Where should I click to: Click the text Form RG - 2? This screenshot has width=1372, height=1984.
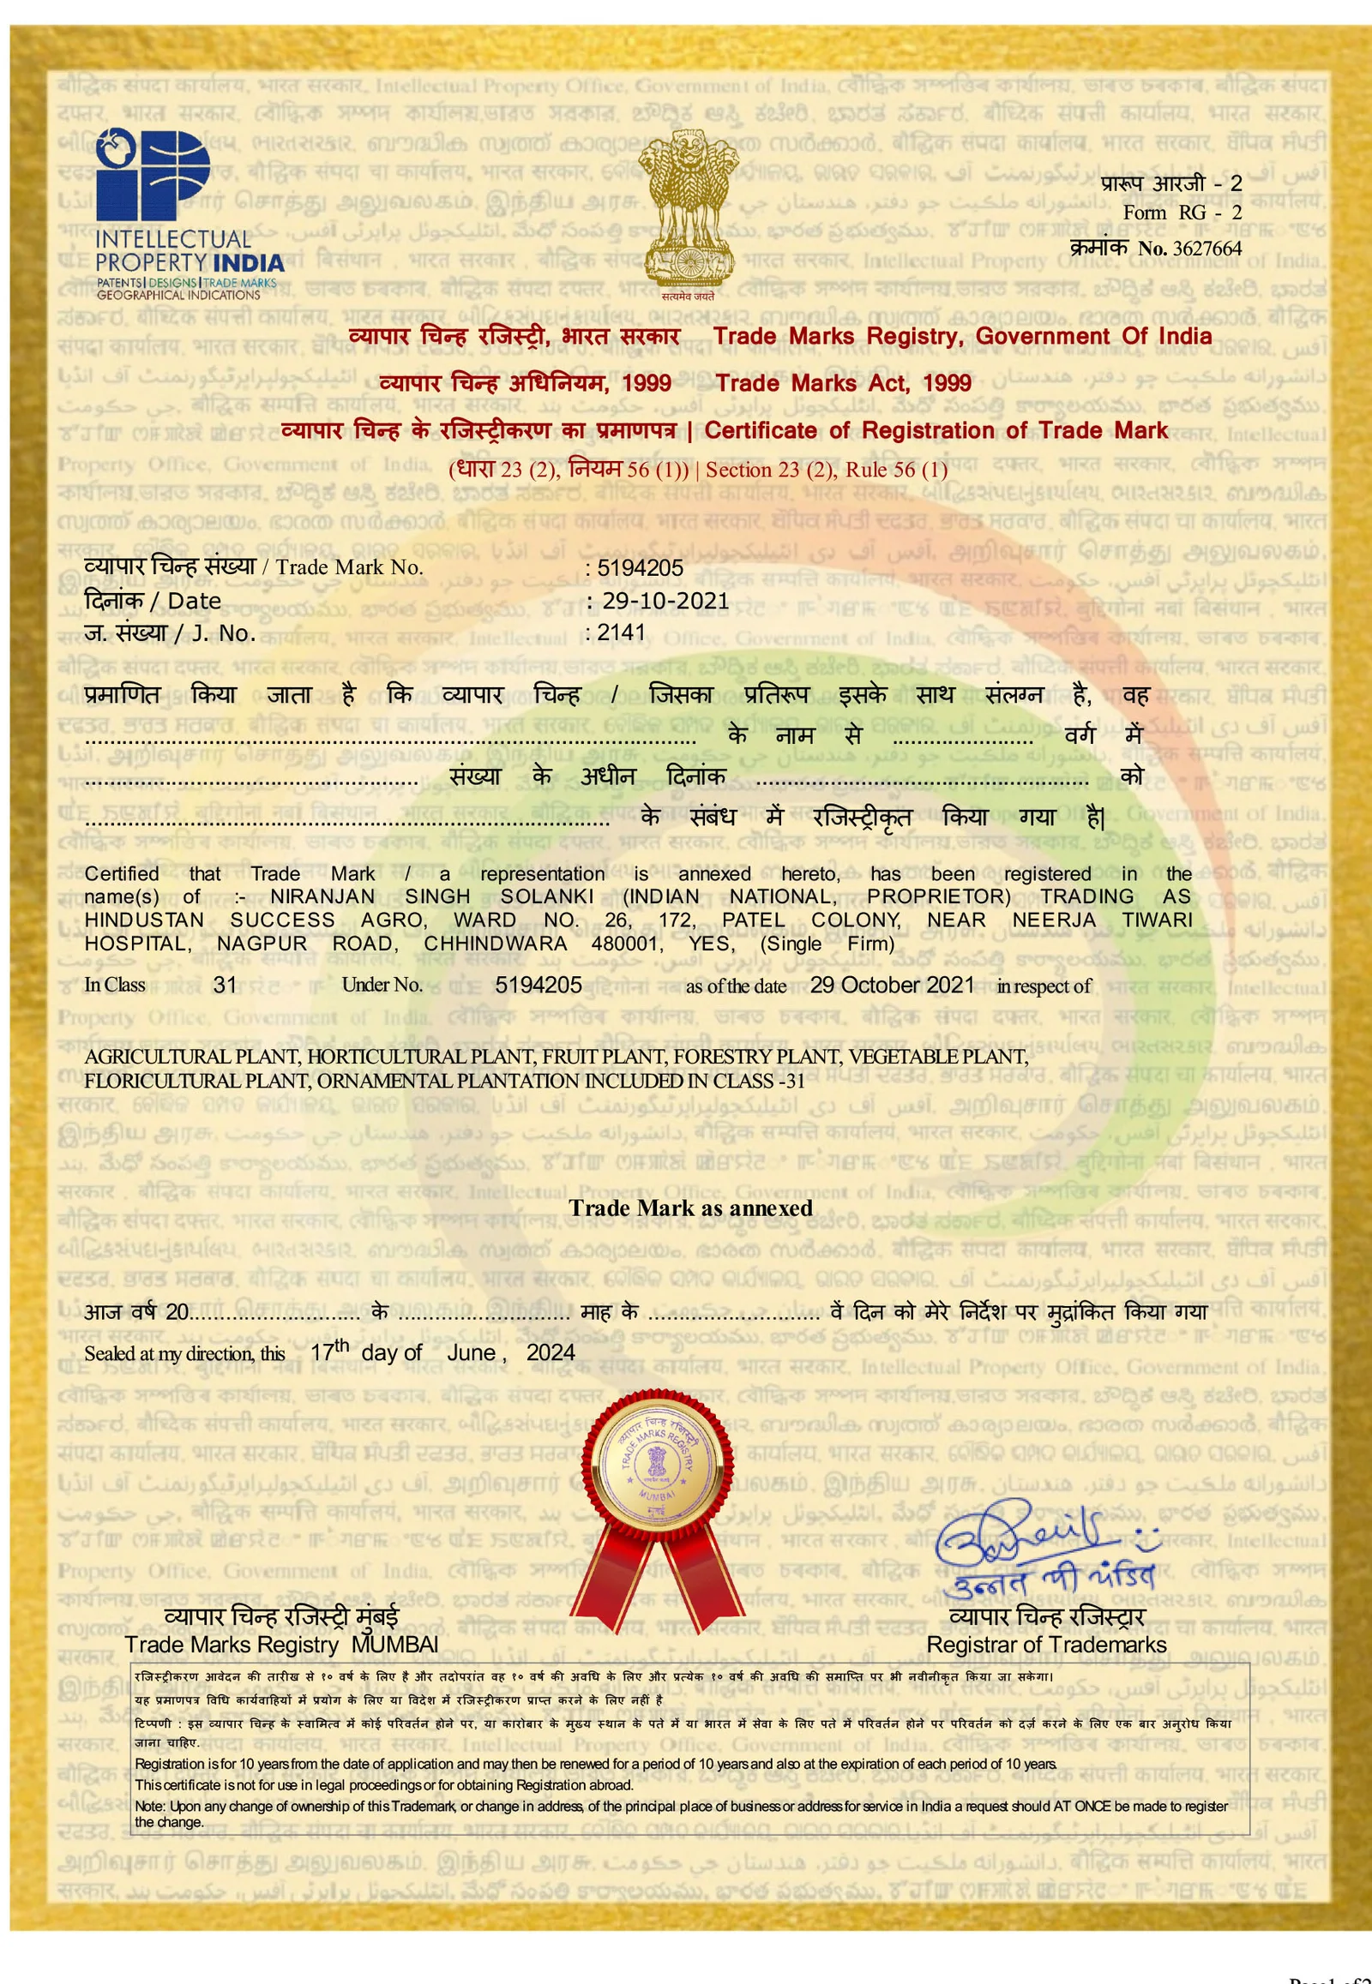[1182, 213]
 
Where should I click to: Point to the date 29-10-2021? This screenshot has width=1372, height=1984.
[665, 601]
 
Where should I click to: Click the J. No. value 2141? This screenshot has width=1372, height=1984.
[621, 632]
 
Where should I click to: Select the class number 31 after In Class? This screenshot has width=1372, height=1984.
[226, 985]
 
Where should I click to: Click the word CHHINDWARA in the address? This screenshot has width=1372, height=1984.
[495, 943]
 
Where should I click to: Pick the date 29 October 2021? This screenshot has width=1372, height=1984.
[892, 985]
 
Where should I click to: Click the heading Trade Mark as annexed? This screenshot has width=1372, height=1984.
[690, 1208]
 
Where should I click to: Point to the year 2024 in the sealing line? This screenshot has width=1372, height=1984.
[551, 1352]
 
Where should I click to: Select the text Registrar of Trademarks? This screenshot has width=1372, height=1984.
[1046, 1644]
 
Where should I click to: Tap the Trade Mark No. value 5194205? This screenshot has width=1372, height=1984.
[640, 568]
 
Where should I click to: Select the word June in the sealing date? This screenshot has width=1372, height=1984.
[471, 1352]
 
